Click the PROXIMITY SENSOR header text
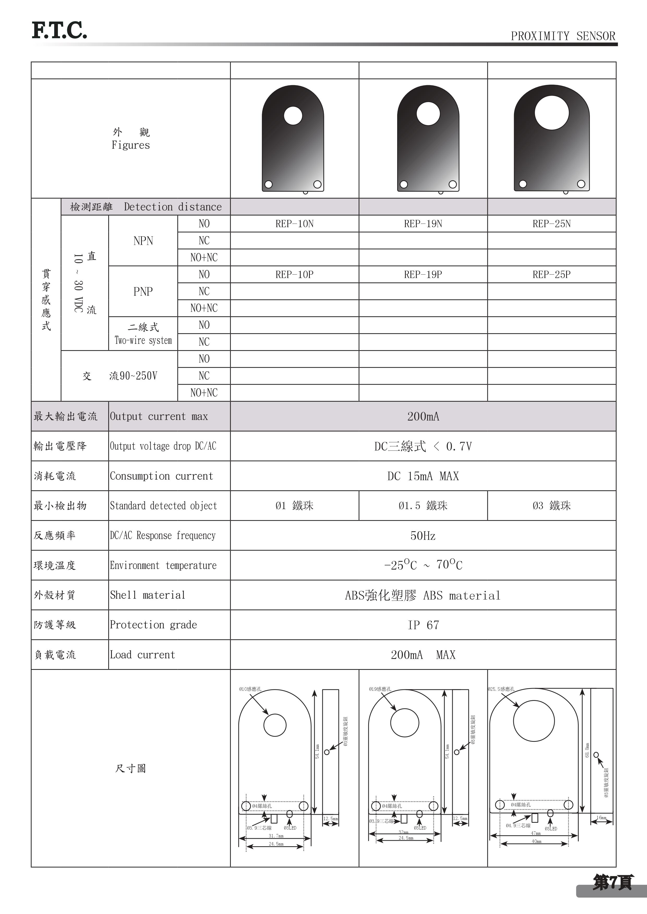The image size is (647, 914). [563, 36]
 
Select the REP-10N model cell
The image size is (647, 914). [294, 224]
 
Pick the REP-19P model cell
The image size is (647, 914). [423, 275]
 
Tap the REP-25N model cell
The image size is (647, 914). [551, 224]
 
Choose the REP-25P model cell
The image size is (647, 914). [551, 275]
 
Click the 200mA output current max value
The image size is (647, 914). [423, 416]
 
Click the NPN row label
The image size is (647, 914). [143, 241]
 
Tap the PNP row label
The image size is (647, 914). [143, 291]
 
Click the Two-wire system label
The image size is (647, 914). [143, 340]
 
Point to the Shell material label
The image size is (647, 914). [147, 595]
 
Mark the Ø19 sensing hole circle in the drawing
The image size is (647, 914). [404, 722]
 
